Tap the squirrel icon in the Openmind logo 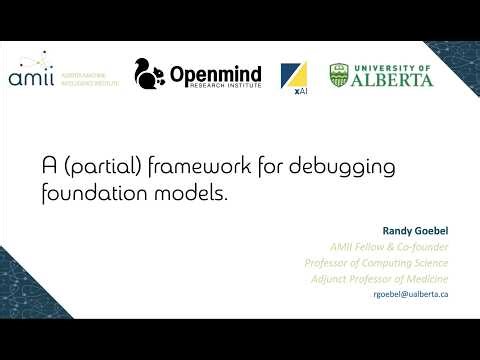(150, 74)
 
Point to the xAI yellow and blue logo (293, 75)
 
